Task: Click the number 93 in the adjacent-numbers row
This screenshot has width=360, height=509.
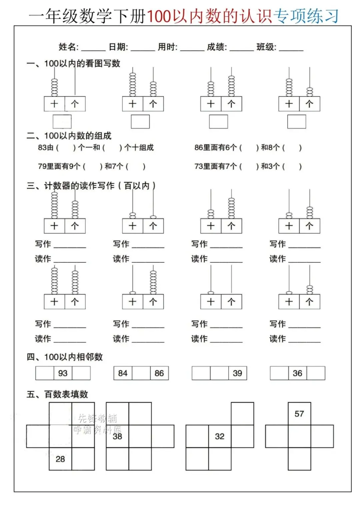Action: [x=63, y=373]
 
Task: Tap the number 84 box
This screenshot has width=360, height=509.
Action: [x=123, y=373]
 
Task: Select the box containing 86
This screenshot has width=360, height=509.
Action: [x=159, y=373]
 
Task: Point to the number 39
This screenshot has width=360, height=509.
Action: [x=237, y=373]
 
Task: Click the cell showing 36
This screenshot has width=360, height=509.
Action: [x=297, y=373]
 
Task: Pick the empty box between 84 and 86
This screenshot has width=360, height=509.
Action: [x=141, y=373]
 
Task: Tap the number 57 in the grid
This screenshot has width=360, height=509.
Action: [x=299, y=414]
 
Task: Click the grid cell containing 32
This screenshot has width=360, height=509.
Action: [x=220, y=436]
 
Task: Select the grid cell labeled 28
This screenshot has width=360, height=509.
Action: [x=60, y=459]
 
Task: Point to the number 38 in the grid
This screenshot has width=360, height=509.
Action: [x=117, y=436]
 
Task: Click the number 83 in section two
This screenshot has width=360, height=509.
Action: [x=42, y=147]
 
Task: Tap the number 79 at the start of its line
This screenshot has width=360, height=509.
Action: [x=42, y=166]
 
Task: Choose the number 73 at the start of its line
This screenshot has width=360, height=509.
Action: [x=199, y=166]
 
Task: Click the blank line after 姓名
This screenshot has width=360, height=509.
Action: [x=93, y=49]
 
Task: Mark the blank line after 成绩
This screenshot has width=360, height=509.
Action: [x=242, y=49]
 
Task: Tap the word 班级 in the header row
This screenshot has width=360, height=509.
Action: [x=266, y=47]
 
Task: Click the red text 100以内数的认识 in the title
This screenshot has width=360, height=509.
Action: [x=209, y=16]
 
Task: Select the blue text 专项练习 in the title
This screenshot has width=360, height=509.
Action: [x=306, y=16]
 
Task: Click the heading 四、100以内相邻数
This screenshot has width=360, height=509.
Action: [x=65, y=357]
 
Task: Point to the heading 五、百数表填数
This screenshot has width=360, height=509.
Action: [x=57, y=394]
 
